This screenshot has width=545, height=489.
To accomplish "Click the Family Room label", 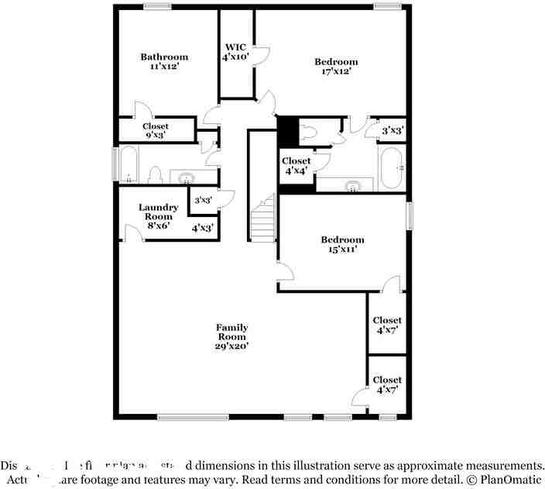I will tap(231, 332).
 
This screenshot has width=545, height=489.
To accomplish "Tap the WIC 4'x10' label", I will tap(235, 51).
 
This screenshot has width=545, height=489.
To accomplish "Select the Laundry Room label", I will tap(158, 212).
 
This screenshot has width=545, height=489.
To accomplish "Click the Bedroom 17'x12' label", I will tap(336, 67).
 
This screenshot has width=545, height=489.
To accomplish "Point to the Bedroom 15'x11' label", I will tap(342, 245).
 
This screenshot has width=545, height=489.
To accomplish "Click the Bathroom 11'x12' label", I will tap(164, 61).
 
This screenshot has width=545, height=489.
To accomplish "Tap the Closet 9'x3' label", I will tap(156, 131).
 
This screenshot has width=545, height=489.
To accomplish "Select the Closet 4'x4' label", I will tap(296, 166).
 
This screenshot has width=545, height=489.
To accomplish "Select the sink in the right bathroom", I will tap(353, 186).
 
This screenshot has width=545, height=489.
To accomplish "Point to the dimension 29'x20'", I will tap(231, 346).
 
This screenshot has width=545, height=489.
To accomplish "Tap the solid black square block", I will tap(287, 129).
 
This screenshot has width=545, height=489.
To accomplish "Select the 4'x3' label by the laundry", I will tap(203, 228).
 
